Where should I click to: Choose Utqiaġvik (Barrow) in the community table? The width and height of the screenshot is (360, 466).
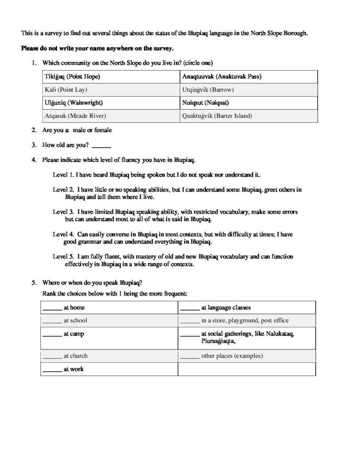208,90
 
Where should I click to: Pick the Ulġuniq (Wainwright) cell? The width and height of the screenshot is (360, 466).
73,102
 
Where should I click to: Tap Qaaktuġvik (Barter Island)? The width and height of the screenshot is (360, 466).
217,116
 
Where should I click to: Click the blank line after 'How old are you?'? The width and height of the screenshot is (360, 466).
101,146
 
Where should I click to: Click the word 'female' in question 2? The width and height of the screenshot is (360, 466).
103,130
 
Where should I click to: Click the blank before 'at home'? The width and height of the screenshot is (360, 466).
52,308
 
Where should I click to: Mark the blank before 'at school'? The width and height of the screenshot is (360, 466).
52,320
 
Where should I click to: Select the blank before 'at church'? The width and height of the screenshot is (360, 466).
52,356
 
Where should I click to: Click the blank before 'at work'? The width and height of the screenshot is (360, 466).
52,370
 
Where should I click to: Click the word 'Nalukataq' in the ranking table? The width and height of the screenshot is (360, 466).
278,334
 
